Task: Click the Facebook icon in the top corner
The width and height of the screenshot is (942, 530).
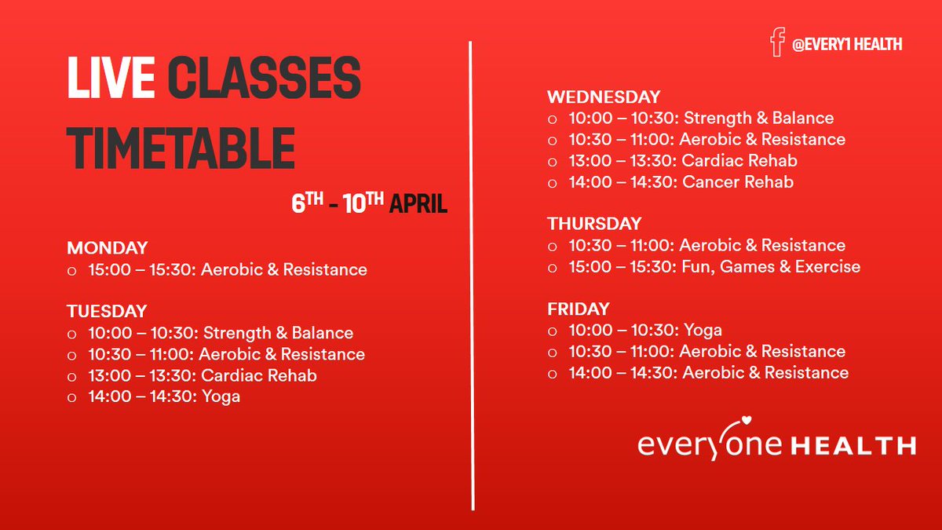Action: click(777, 42)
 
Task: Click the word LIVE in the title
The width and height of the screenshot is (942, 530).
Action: click(111, 79)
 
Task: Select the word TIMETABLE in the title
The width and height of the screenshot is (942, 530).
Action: click(181, 148)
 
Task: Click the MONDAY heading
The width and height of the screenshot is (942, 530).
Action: click(107, 248)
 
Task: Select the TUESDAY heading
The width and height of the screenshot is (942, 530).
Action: click(107, 312)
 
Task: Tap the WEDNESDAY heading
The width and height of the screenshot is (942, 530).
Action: click(604, 97)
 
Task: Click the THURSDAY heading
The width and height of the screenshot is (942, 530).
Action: click(594, 224)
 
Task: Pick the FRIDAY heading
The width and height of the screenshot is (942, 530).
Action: click(579, 309)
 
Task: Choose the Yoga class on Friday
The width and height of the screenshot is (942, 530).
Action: click(702, 330)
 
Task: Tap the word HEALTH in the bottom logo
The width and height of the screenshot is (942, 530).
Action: click(853, 446)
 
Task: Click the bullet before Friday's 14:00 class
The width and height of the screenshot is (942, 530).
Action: click(552, 373)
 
